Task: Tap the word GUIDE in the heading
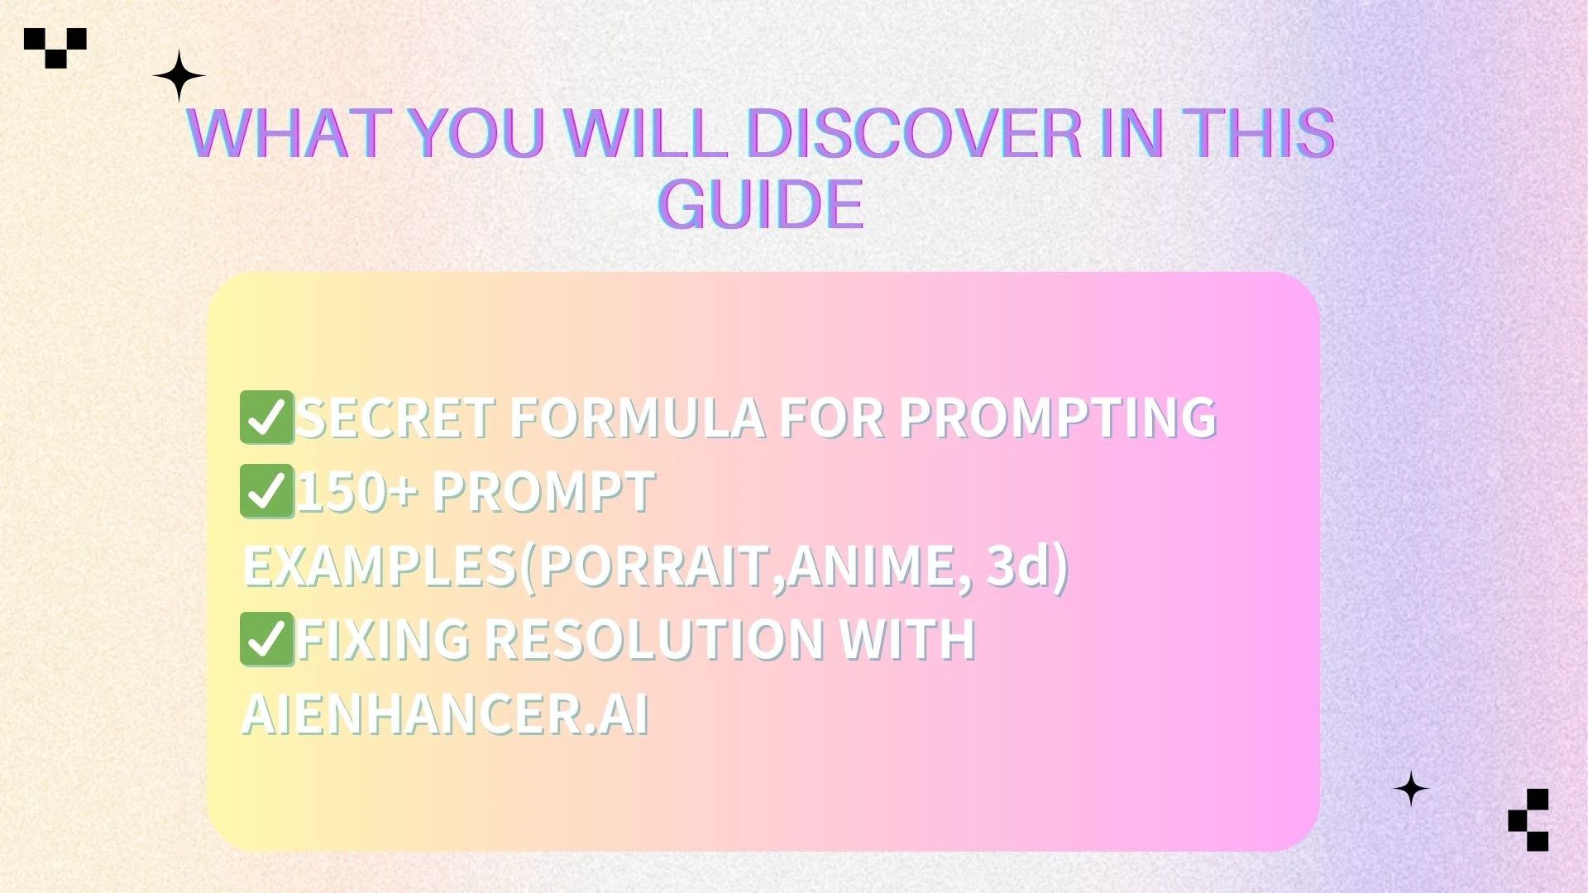761,204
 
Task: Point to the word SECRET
396,418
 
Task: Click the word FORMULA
637,418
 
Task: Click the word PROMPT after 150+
543,493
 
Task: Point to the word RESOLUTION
653,640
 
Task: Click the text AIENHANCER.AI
445,714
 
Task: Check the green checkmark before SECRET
266,418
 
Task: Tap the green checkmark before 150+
266,492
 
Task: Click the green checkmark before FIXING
266,639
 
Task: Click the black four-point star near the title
179,75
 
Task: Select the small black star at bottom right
1411,789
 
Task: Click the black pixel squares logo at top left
55,47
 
